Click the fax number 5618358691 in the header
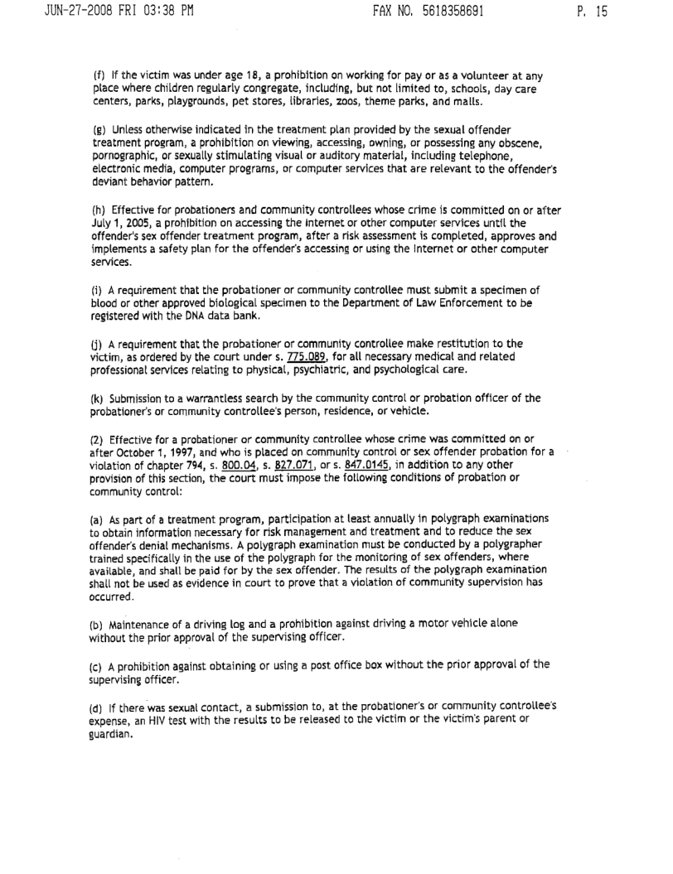point(448,12)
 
